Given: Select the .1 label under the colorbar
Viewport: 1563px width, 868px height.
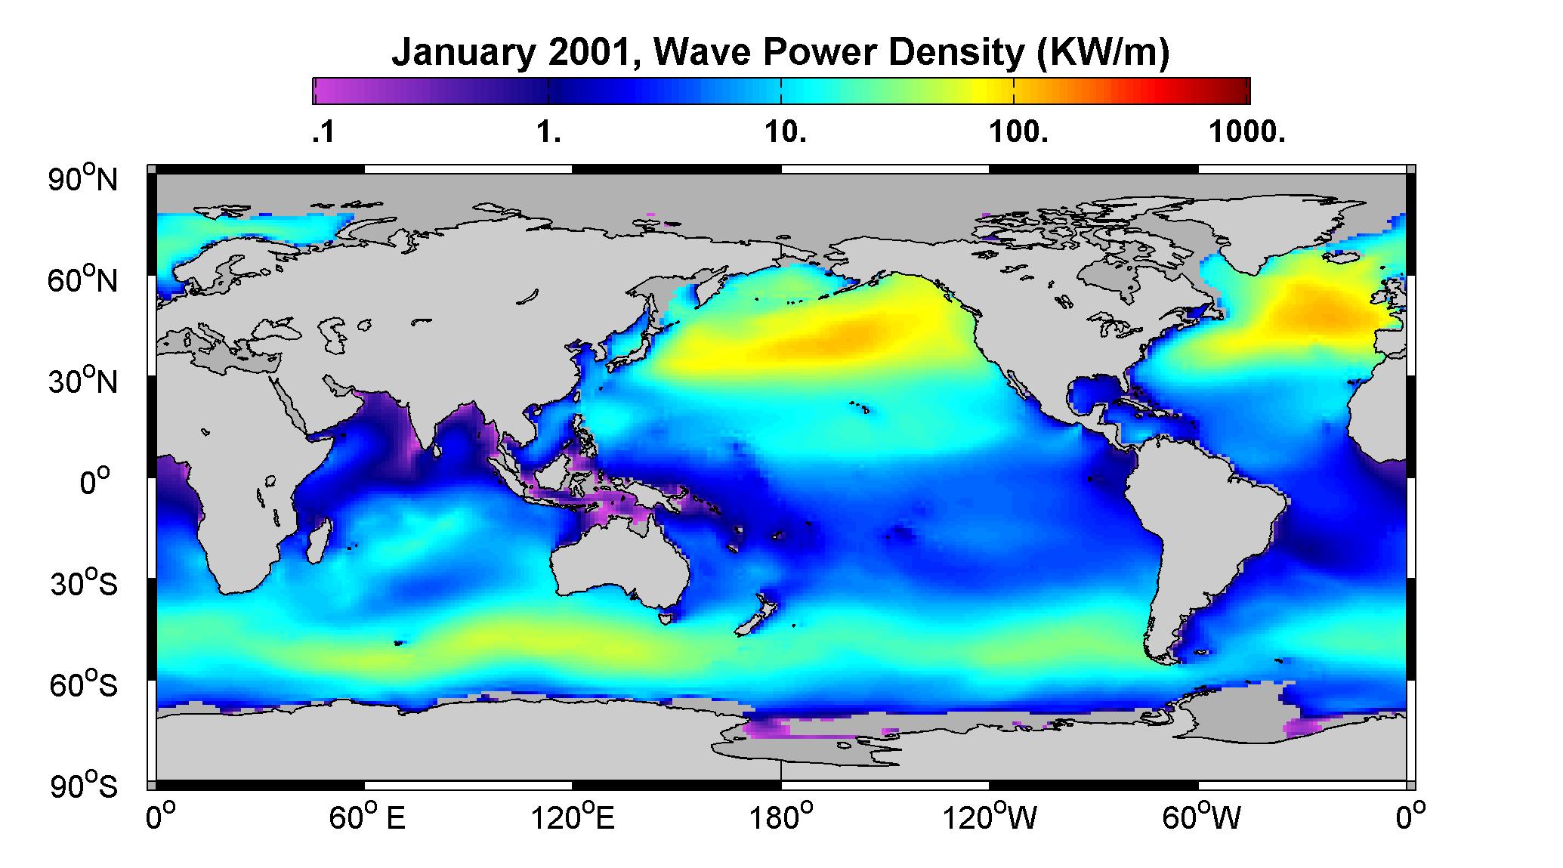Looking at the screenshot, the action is [x=323, y=133].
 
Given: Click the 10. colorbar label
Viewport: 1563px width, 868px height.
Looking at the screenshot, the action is [x=786, y=133].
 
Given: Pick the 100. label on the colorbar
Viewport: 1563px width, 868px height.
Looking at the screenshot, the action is [x=1019, y=133].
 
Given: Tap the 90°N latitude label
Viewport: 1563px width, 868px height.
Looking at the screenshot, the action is [x=83, y=179].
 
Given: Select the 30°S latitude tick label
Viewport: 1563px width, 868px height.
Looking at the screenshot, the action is [x=84, y=584].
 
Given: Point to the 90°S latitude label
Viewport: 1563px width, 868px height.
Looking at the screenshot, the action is [x=84, y=786].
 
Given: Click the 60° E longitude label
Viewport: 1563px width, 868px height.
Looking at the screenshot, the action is [x=367, y=818].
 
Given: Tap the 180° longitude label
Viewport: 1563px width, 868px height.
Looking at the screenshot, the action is [x=781, y=818].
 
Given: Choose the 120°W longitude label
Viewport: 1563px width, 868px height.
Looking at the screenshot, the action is [x=990, y=818].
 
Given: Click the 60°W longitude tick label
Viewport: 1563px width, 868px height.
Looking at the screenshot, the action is [x=1200, y=818].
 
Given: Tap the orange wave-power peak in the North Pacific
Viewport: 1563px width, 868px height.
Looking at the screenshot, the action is [x=846, y=337].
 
